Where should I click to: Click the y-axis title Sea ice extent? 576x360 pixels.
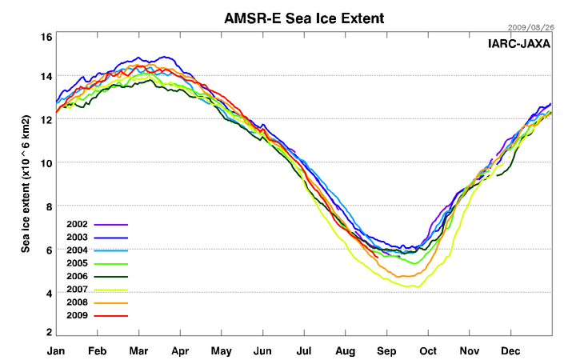(x=26, y=184)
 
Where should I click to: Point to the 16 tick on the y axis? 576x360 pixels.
(x=46, y=37)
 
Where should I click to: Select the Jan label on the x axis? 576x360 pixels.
(x=56, y=350)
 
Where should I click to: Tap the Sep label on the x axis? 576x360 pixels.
(x=387, y=350)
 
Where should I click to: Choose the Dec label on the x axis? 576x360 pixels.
(x=511, y=350)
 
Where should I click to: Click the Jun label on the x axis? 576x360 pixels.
(x=262, y=350)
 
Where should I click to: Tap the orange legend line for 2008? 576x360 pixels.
(x=111, y=303)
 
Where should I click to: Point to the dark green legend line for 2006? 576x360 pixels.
(x=111, y=278)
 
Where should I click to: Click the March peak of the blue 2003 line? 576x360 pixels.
(x=165, y=57)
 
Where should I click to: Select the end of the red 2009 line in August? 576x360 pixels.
(x=378, y=258)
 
